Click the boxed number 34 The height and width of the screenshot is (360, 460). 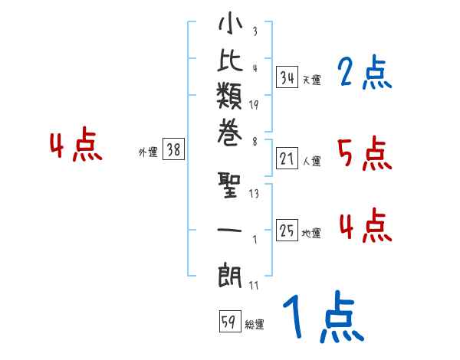point(287,77)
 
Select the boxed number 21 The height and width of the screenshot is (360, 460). point(287,159)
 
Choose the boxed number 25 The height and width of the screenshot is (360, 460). point(287,231)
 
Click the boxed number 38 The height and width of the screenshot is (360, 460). point(174,151)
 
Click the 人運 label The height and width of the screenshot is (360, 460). point(311,162)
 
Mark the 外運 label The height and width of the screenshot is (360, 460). point(148,153)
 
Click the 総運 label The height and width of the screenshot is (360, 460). point(255,325)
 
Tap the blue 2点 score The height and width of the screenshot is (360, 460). point(364,74)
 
